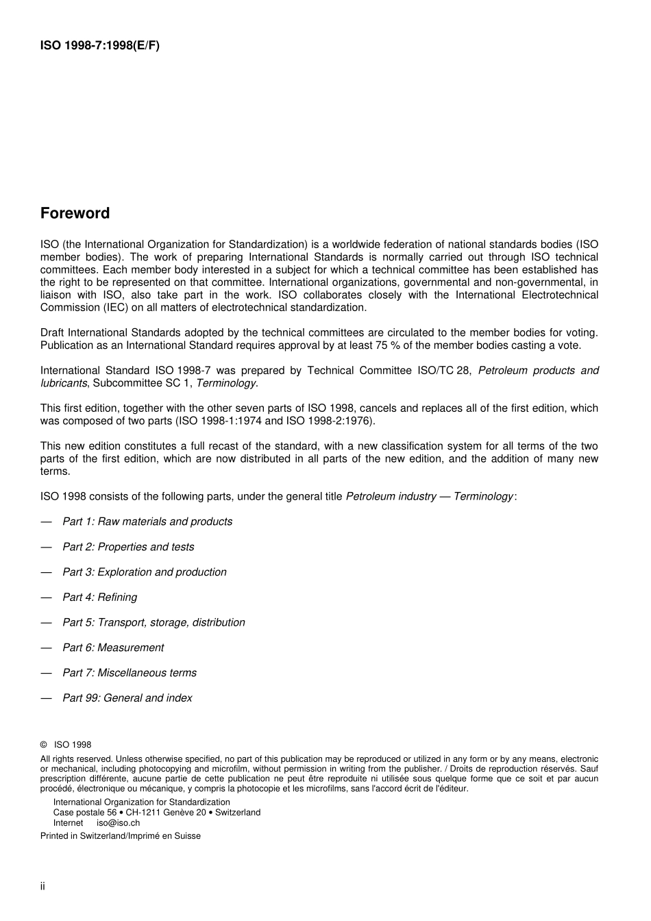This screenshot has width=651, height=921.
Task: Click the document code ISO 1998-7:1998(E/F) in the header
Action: (x=100, y=46)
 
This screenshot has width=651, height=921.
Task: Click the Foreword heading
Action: (x=75, y=213)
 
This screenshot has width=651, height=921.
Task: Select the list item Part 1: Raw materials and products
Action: (x=147, y=521)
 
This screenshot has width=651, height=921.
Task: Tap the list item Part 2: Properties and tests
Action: (x=128, y=547)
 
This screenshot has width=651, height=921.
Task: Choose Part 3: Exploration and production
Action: (x=144, y=572)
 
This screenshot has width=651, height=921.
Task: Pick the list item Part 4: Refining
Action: (x=99, y=598)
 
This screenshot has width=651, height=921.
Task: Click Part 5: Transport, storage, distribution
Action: (x=153, y=622)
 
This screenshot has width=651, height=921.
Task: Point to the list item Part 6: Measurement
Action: (x=113, y=648)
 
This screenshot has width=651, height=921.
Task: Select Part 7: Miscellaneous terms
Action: (x=129, y=673)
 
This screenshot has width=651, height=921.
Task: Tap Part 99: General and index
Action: (x=127, y=698)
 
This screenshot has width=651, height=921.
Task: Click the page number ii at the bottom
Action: (x=42, y=886)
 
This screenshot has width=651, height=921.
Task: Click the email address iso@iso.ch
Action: (x=118, y=822)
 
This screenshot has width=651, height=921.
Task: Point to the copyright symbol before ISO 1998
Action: (x=44, y=745)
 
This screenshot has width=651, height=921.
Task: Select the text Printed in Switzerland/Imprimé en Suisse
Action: (x=121, y=836)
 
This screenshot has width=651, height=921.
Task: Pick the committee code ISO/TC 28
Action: (x=444, y=371)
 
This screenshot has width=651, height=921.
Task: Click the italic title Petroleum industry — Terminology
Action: (x=430, y=496)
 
